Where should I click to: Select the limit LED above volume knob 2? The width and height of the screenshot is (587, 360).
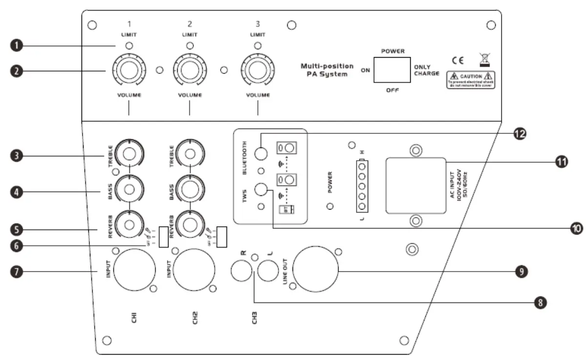pos(189,46)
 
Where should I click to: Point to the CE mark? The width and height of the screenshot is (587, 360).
pos(458,62)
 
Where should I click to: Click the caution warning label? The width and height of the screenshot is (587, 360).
pos(471,80)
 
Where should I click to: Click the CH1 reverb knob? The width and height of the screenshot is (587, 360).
pos(129,224)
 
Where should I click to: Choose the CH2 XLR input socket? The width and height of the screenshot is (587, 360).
pos(193,270)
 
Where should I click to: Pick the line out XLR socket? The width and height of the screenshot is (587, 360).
pos(319,270)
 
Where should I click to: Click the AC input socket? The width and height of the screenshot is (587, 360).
pos(415,186)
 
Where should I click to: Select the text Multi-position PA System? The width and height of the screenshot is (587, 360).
pos(327,70)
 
